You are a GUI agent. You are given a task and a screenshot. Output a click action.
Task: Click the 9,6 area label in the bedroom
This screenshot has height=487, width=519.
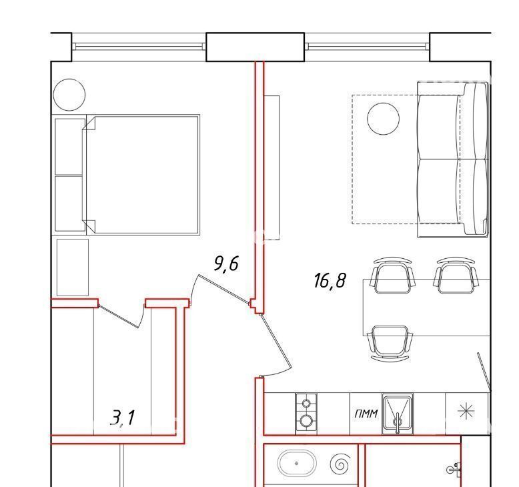(226, 264)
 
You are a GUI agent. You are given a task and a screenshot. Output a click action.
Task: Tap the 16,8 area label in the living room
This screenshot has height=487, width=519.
(330, 281)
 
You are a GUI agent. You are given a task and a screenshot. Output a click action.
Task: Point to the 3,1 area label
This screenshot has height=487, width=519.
(123, 417)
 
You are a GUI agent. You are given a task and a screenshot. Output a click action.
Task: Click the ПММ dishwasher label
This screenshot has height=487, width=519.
(366, 414)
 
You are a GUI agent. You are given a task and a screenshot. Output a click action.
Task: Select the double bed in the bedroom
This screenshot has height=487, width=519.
(143, 175)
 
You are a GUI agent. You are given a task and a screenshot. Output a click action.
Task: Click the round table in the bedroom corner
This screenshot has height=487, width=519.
(69, 95)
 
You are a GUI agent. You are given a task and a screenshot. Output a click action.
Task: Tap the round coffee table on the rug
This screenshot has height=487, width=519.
(384, 119)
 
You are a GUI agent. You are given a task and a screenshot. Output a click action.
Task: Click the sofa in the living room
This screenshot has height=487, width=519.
(453, 159)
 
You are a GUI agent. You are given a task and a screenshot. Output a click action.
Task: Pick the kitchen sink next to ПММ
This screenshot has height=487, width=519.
(398, 414)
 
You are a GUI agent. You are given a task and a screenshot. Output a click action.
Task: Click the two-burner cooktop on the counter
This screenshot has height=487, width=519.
(306, 414)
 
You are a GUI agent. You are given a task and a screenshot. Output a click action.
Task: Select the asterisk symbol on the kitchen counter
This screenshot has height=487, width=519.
(466, 412)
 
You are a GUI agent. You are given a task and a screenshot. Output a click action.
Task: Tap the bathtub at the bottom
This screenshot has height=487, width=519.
(297, 464)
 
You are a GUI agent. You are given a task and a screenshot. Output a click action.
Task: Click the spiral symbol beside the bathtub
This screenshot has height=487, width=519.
(341, 463)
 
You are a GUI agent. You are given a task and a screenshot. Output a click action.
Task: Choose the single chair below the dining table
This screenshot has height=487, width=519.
(390, 343)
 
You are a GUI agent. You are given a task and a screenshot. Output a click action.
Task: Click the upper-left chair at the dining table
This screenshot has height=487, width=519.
(393, 275)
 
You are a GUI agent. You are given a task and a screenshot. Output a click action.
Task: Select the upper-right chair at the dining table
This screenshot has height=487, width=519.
(457, 275)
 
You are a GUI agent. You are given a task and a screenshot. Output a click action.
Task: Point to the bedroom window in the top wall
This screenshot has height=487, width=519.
(139, 46)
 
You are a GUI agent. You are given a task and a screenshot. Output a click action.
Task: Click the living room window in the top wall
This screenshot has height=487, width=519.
(367, 46)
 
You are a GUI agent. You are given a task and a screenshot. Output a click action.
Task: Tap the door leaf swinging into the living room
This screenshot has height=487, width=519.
(276, 341)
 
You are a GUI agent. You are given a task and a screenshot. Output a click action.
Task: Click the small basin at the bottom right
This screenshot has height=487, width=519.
(455, 470)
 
